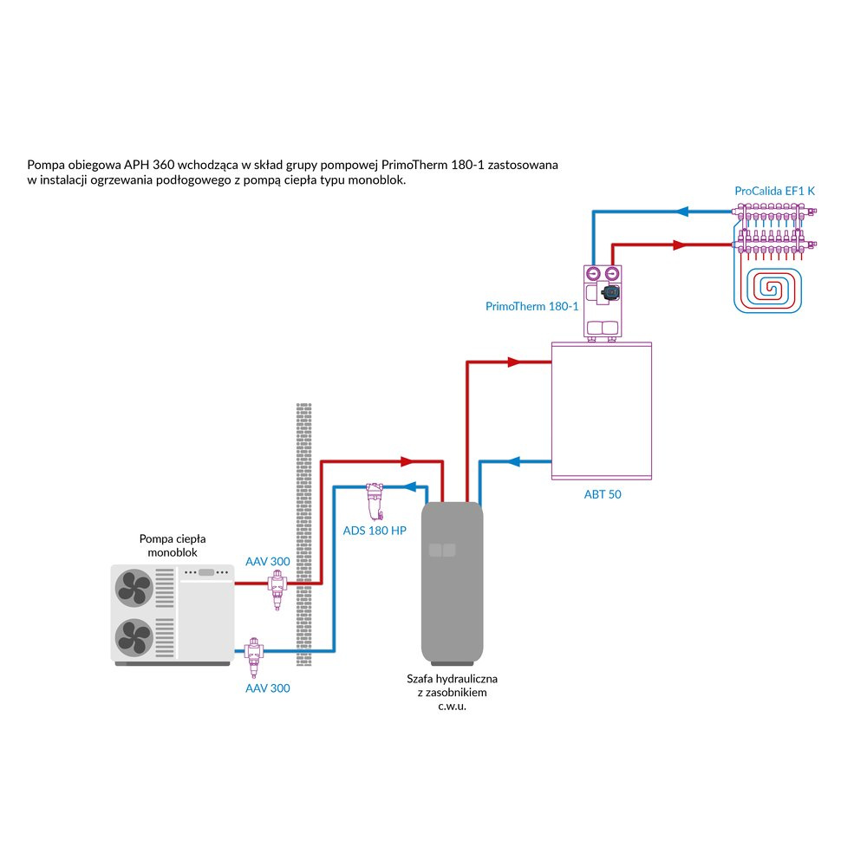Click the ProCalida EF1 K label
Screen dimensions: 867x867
click(x=775, y=190)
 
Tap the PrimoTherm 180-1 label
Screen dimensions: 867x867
click(x=531, y=306)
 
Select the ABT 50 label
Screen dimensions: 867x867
click(x=603, y=494)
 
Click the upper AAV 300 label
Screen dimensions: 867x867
click(x=268, y=562)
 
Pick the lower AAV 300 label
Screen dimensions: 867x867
click(x=268, y=688)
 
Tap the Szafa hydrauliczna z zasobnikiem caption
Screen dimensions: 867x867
click(x=452, y=692)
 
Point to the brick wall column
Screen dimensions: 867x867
click(x=303, y=533)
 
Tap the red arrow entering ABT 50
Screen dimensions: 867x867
click(x=518, y=362)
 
